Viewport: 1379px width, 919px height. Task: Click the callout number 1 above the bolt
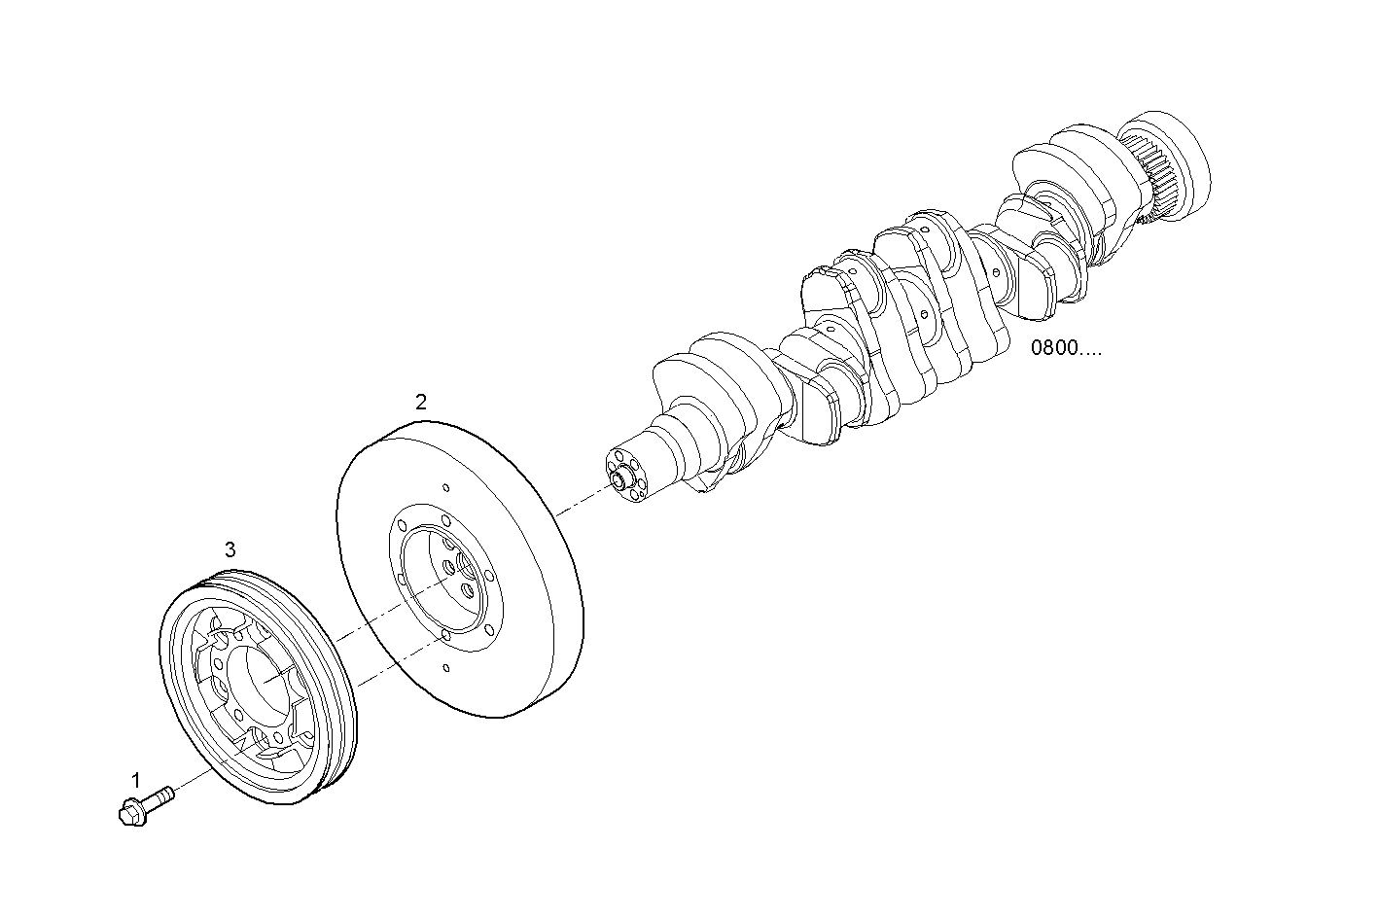(x=136, y=779)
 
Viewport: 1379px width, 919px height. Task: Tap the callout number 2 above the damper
(x=420, y=401)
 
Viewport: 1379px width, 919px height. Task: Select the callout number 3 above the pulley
(x=230, y=549)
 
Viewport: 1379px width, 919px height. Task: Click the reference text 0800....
(x=1066, y=348)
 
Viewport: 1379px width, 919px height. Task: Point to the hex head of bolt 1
(x=129, y=810)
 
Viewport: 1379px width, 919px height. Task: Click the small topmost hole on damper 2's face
(x=444, y=489)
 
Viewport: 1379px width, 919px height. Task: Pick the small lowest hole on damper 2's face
(x=445, y=668)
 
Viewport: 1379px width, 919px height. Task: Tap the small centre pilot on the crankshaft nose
(x=617, y=476)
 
